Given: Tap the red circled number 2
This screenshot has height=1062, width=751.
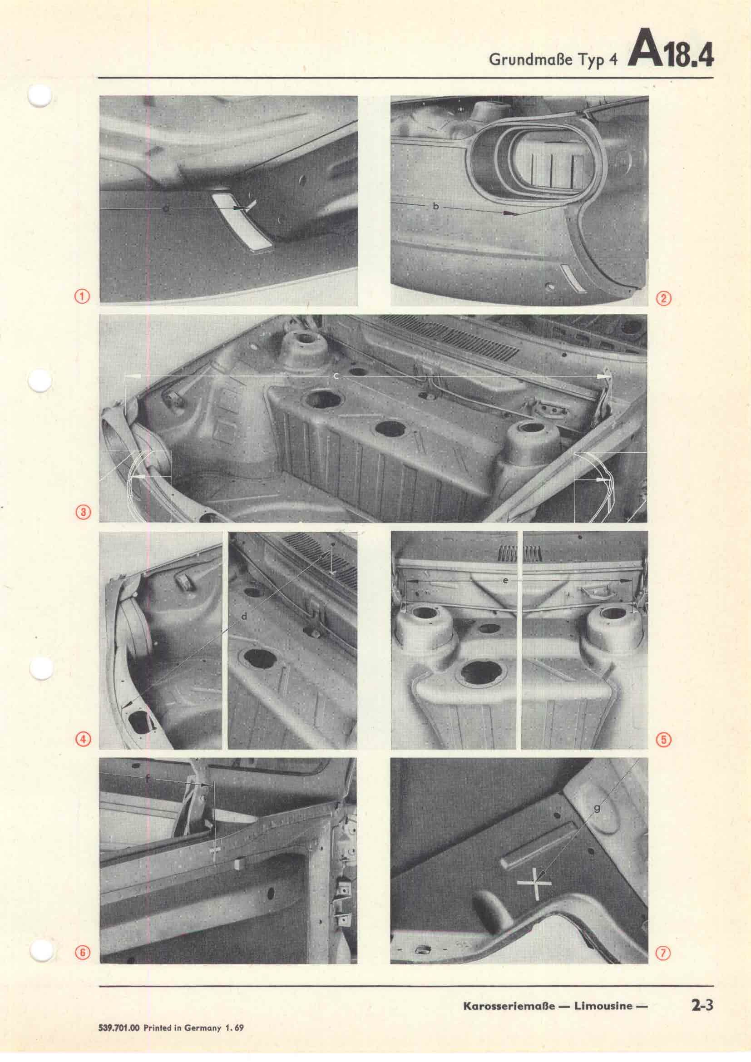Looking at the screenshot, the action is click(664, 298).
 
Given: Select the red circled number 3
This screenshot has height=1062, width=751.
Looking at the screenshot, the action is click(84, 512).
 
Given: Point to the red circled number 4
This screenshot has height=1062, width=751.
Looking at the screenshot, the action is click(83, 740).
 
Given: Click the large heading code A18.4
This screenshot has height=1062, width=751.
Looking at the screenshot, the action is click(671, 54).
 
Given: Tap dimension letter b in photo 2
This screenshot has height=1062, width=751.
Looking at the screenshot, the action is click(435, 207).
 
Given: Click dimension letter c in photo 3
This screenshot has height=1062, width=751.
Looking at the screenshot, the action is click(336, 377).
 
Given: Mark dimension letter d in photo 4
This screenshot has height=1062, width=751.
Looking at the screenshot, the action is click(245, 617).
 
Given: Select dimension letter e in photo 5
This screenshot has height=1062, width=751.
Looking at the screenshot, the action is click(505, 580).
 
